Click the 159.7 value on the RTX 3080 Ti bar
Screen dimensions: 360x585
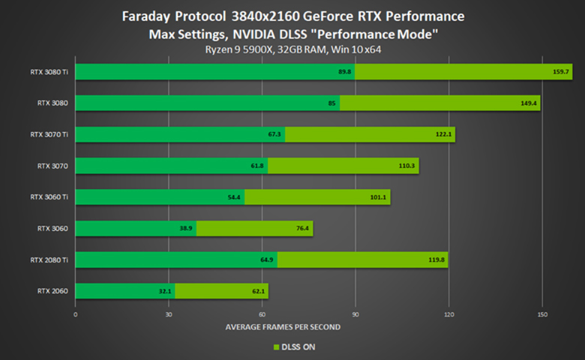(561, 72)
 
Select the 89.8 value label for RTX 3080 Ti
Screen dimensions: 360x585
(345, 72)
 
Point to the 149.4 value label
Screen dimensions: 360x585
(529, 103)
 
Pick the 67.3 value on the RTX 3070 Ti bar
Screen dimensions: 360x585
(275, 135)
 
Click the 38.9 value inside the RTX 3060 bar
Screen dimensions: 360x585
(187, 229)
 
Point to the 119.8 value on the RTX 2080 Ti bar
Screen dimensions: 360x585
(437, 260)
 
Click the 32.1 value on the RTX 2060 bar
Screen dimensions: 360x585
(166, 292)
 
